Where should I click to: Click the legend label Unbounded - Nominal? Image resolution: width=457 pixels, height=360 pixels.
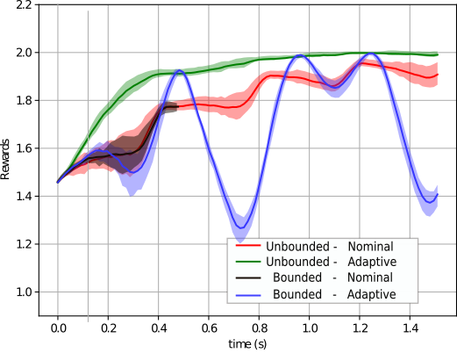[330, 247]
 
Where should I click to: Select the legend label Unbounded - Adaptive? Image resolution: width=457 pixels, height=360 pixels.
[331, 263]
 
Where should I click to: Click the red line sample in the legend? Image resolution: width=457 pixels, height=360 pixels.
[248, 247]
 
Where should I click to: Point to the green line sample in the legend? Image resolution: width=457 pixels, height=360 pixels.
[248, 263]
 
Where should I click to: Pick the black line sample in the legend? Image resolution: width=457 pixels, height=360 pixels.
[248, 278]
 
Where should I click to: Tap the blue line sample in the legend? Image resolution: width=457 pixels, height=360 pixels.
[248, 294]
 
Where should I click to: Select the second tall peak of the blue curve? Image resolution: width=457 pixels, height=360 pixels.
[300, 59]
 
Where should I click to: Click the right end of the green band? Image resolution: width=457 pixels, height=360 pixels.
[436, 54]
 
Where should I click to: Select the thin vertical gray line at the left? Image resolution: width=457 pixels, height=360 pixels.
[88, 167]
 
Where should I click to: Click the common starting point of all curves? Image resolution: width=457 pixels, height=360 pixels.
[59, 182]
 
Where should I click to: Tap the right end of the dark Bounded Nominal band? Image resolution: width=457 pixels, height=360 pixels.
[175, 107]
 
